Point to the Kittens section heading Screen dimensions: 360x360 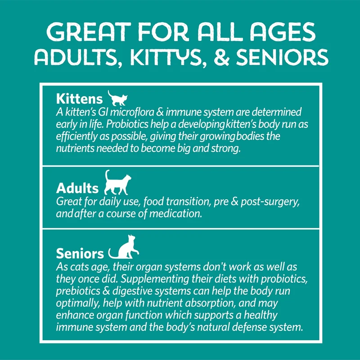pos(79,99)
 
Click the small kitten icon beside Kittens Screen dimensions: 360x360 pos(117,98)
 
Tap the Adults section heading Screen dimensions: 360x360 pos(77,188)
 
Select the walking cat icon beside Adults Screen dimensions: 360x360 pos(117,183)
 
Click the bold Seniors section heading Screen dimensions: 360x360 pos(80,253)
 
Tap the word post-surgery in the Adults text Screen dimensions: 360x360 pos(270,202)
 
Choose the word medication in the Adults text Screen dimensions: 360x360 pos(175,214)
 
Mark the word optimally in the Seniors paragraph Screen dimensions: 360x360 pos(78,303)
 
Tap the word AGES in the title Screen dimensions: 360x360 pos(283,32)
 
